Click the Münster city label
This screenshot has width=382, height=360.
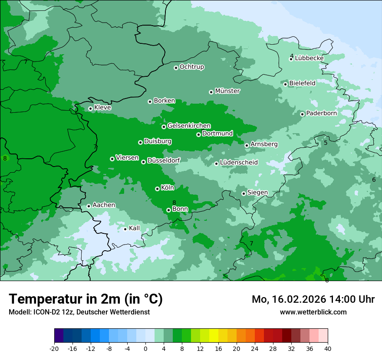tap(227, 91)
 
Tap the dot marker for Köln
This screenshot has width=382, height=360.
tap(157, 189)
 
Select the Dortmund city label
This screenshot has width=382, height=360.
tap(217, 134)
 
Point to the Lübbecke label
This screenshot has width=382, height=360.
tap(309, 58)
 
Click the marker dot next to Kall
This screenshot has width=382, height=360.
tap(125, 229)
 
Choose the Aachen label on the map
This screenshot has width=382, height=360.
tap(104, 205)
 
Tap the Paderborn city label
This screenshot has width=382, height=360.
tap(321, 113)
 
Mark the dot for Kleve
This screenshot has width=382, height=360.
tap(90, 108)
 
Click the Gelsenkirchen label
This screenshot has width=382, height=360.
tap(189, 126)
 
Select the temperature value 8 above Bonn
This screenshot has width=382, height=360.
tap(174, 203)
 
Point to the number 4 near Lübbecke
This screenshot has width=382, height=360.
tap(292, 56)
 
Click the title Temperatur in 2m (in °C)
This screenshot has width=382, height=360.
tap(86, 299)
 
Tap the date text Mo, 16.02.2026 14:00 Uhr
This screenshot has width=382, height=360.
tap(313, 299)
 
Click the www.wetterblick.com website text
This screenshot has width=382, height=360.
tap(313, 312)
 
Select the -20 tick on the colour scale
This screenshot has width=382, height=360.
tap(54, 348)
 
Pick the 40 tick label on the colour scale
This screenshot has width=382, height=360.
tap(327, 348)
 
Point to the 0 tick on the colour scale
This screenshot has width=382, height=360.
tap(145, 348)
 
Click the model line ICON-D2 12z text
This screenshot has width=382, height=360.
tap(79, 312)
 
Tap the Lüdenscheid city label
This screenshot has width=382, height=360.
tap(239, 163)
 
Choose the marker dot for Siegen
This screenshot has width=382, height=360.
tap(244, 193)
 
